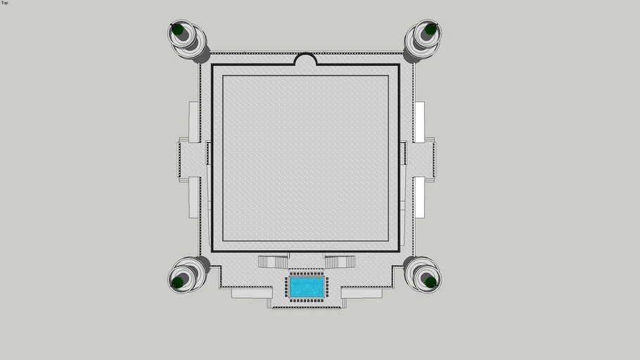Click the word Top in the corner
pyautogui.click(x=4, y=3)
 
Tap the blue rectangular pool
pyautogui.click(x=307, y=287)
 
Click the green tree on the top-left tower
pyautogui.click(x=177, y=30)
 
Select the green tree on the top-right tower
pyautogui.click(x=430, y=29)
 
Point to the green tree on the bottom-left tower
pyautogui.click(x=177, y=282)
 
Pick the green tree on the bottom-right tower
pyautogui.click(x=430, y=282)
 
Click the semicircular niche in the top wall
pyautogui.click(x=305, y=59)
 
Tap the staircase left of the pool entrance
pyautogui.click(x=274, y=262)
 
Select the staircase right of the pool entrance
pyautogui.click(x=340, y=262)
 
